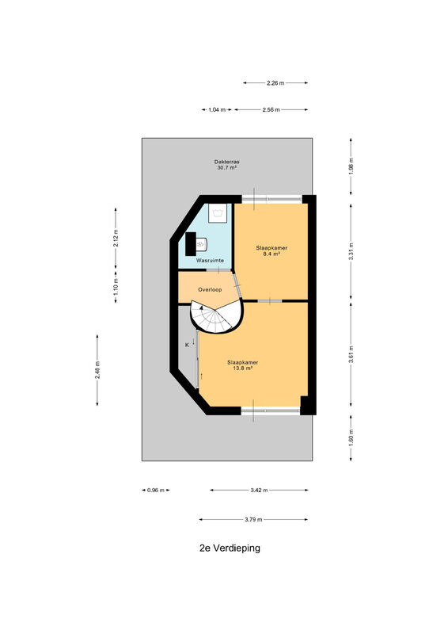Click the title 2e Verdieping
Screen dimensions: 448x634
[230, 548]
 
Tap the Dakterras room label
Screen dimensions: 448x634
[226, 162]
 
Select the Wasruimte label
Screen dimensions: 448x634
[210, 261]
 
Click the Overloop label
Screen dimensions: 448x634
[210, 289]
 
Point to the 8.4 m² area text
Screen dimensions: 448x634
[271, 254]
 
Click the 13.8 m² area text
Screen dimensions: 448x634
[242, 369]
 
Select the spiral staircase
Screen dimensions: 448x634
[218, 316]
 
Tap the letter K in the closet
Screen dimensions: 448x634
[187, 345]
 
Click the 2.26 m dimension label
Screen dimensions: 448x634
[275, 83]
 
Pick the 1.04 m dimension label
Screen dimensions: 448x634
[217, 109]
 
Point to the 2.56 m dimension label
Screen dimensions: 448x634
[271, 109]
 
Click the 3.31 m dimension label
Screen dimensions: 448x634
[351, 251]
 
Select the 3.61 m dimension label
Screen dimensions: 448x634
[351, 354]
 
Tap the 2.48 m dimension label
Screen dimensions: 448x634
[97, 370]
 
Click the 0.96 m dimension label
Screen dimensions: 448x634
[155, 490]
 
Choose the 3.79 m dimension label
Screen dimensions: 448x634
[253, 520]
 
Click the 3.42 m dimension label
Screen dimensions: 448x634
[259, 490]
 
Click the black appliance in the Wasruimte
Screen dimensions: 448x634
[191, 244]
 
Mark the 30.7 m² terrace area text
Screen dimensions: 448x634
[226, 167]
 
